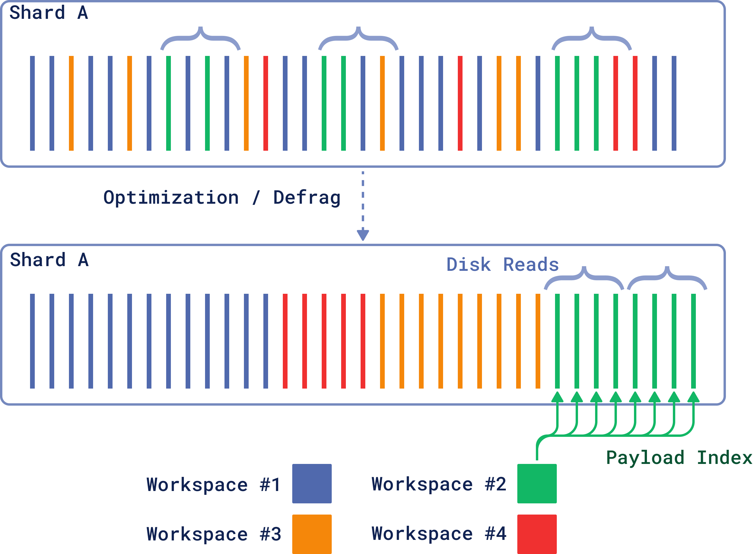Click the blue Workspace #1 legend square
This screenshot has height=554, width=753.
[x=312, y=484]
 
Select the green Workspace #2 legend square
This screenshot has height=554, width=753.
[x=536, y=484]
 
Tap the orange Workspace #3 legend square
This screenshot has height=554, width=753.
[x=312, y=534]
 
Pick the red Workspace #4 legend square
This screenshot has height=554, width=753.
[x=536, y=534]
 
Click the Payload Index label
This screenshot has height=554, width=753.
[x=679, y=458]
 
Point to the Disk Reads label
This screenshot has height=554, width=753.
[x=502, y=265]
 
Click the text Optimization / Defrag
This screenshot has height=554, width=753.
[x=222, y=197]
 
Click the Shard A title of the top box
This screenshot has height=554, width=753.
[x=49, y=13]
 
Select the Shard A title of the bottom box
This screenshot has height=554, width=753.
[x=49, y=260]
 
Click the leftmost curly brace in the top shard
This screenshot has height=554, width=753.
[x=200, y=39]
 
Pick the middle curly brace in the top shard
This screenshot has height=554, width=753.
[x=358, y=39]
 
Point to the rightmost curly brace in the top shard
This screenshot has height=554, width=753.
[x=591, y=39]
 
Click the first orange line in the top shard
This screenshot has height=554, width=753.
[x=71, y=103]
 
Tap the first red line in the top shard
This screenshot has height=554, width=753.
[x=265, y=103]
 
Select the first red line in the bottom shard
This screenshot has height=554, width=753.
[x=285, y=341]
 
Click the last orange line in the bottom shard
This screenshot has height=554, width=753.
[x=538, y=341]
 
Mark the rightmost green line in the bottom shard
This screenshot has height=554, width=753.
[x=693, y=341]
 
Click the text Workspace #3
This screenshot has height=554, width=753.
[x=213, y=534]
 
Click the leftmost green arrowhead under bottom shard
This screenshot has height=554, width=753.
[x=557, y=397]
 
